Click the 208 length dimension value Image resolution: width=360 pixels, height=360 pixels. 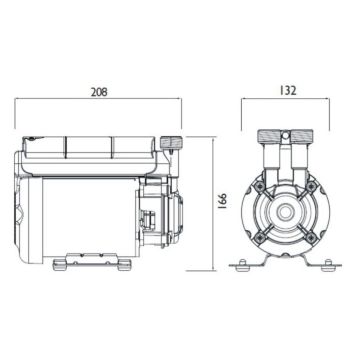(x=98, y=91)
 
